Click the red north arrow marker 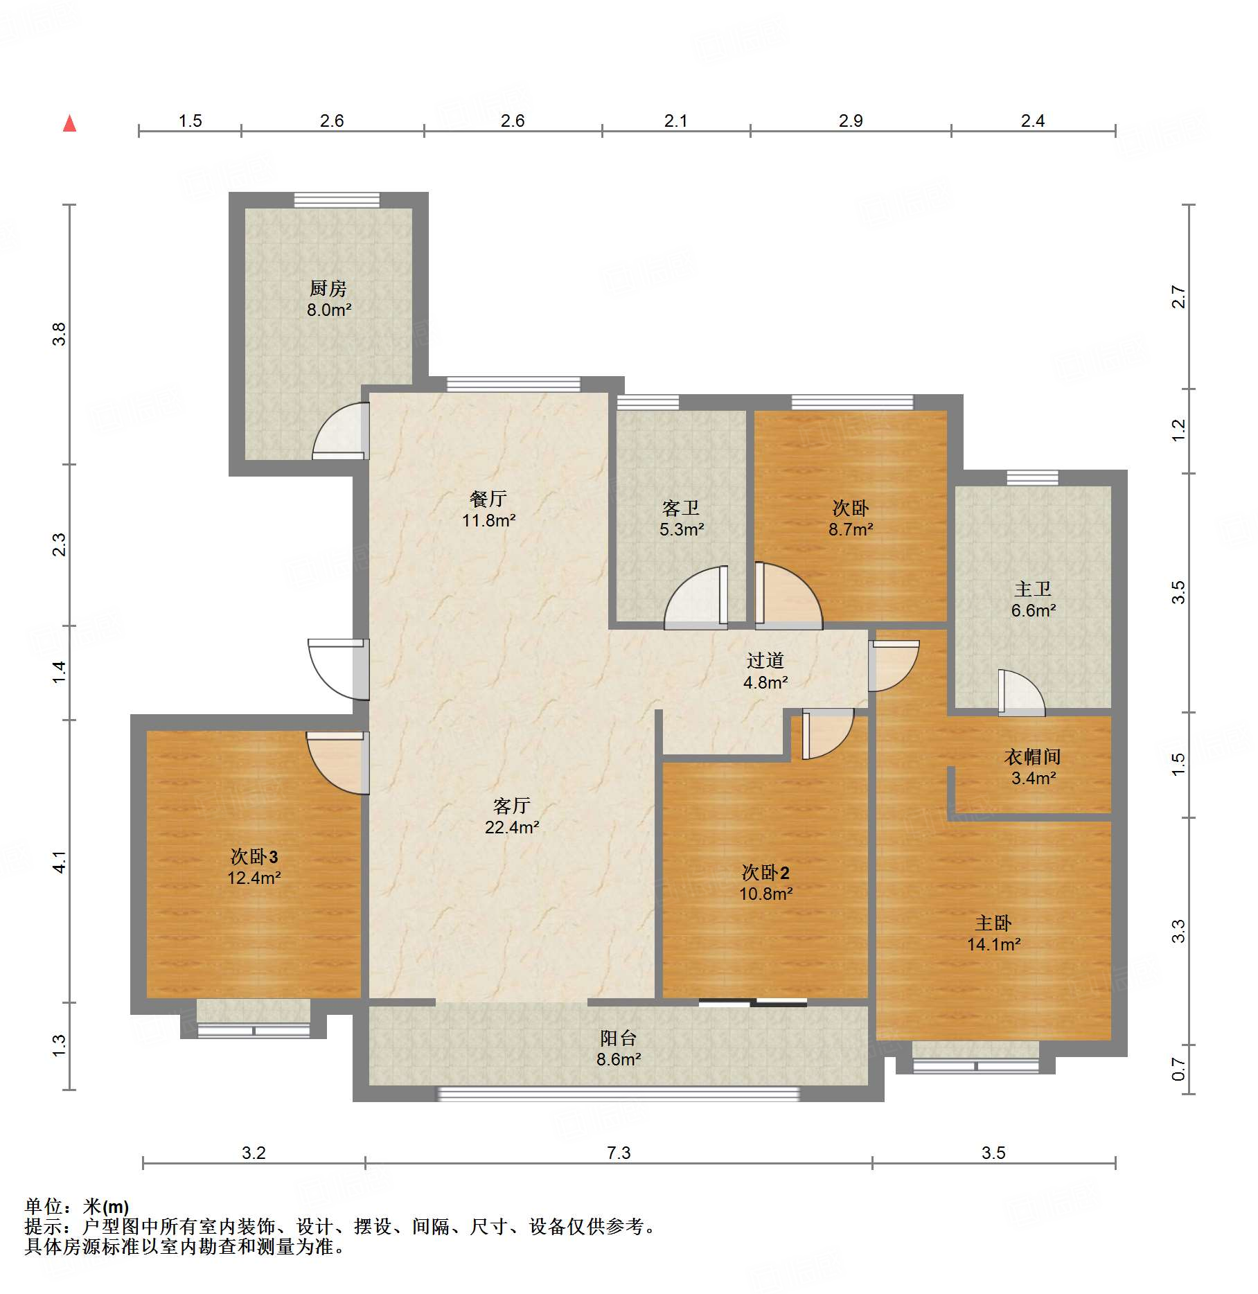point(69,123)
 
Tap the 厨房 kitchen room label point(328,287)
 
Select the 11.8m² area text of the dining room point(489,520)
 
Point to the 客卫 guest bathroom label point(681,508)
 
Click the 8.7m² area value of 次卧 point(851,529)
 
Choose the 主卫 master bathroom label point(1033,589)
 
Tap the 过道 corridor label point(765,661)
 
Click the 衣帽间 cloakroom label point(1033,756)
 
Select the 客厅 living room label point(512,805)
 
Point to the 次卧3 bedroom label point(254,856)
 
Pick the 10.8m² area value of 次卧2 point(765,894)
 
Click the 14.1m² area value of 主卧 point(994,944)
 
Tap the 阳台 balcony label point(619,1038)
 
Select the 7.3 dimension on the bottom point(619,1153)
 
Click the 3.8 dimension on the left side point(60,335)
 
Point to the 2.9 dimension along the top point(851,121)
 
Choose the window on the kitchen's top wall point(337,200)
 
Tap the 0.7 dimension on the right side point(1178,1070)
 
